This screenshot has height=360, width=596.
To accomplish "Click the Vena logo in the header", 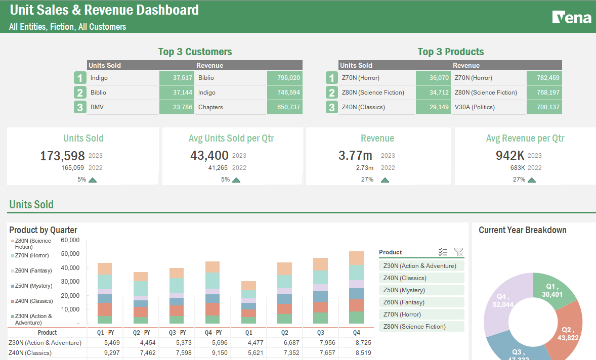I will click(572, 18).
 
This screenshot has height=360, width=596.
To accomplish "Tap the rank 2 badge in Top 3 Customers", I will click(80, 93).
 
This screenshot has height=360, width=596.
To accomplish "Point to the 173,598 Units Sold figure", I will click(63, 156).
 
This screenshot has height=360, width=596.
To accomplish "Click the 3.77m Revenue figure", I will click(355, 156).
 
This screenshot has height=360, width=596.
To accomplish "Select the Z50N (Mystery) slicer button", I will click(421, 290).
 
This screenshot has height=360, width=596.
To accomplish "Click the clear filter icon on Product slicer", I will click(458, 252).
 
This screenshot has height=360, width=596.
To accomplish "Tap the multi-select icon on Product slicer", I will click(443, 252).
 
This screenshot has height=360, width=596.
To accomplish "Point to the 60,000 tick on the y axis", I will click(70, 240).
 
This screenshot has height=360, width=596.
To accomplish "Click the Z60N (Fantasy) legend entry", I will click(34, 271).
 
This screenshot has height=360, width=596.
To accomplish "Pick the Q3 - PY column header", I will click(177, 333).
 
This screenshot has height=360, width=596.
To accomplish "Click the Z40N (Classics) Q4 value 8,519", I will click(357, 353).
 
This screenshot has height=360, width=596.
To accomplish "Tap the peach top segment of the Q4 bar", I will click(356, 258).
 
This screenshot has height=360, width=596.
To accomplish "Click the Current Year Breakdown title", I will click(522, 230).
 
